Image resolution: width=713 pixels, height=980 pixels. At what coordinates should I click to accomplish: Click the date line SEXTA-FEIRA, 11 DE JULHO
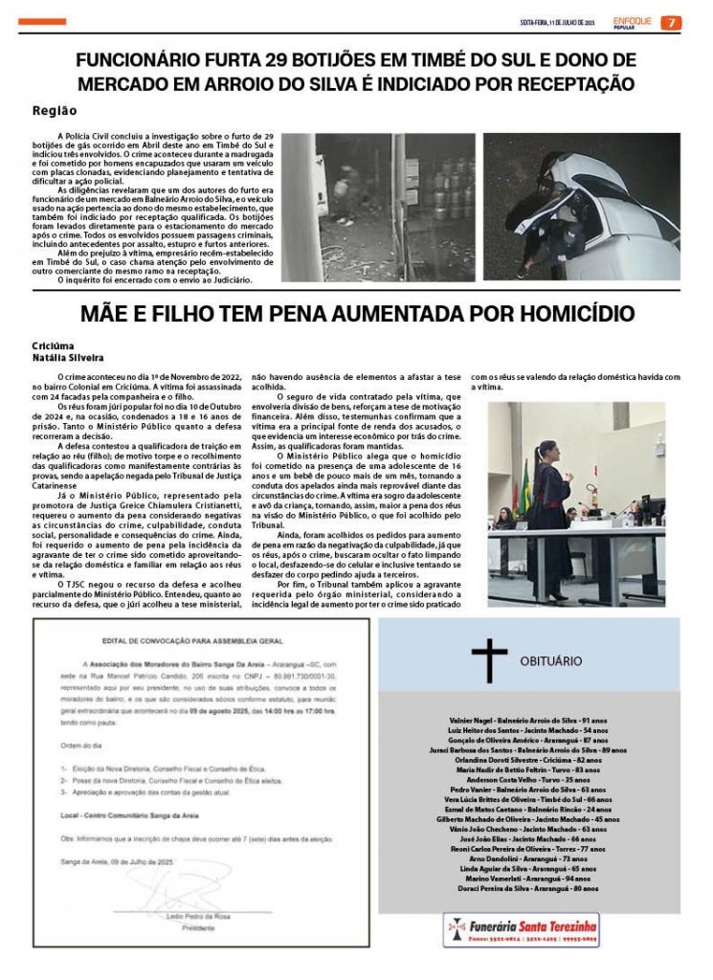[x=556, y=23]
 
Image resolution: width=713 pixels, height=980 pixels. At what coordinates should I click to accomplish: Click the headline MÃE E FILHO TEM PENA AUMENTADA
[x=356, y=314]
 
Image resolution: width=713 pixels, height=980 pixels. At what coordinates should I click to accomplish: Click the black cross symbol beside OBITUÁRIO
[x=489, y=659]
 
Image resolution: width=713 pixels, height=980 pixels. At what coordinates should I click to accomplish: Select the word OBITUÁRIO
[x=550, y=660]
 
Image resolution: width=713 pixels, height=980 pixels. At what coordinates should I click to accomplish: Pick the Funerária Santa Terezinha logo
[x=522, y=929]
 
